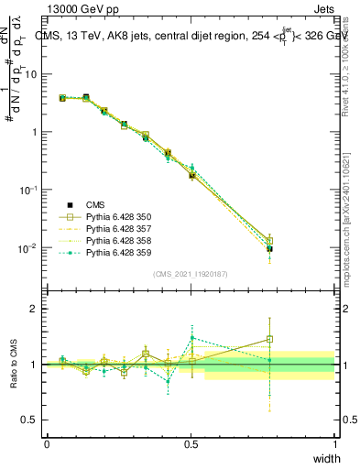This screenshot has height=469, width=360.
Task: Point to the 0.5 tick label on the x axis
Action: coord(191,444)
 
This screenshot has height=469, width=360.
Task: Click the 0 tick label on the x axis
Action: coord(47,444)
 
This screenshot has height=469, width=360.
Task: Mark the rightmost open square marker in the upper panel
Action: coord(321,242)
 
